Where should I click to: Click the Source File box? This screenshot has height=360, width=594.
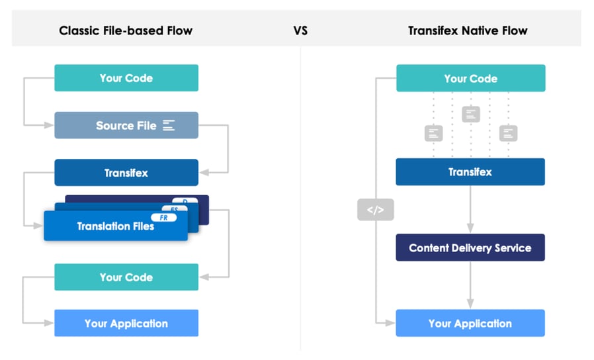tap(126, 125)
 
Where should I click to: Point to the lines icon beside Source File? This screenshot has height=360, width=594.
tap(169, 125)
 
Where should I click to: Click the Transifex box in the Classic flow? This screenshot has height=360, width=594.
tap(126, 173)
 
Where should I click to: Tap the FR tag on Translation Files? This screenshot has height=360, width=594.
tap(163, 217)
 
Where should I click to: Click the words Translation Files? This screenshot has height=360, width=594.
tap(115, 226)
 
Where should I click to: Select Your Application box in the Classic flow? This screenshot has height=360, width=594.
tap(126, 324)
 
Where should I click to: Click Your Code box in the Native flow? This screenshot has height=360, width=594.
tap(470, 78)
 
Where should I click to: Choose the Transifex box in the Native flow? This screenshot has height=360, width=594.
tap(470, 172)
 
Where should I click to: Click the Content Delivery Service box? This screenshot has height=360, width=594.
tap(470, 248)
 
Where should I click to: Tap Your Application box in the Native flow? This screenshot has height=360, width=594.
tap(470, 324)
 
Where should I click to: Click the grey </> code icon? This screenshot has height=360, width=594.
tap(375, 210)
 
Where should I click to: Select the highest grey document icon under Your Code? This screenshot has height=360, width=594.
tap(470, 114)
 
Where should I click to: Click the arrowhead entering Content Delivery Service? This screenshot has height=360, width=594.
tap(470, 229)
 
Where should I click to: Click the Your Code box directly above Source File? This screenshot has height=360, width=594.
tap(126, 78)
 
